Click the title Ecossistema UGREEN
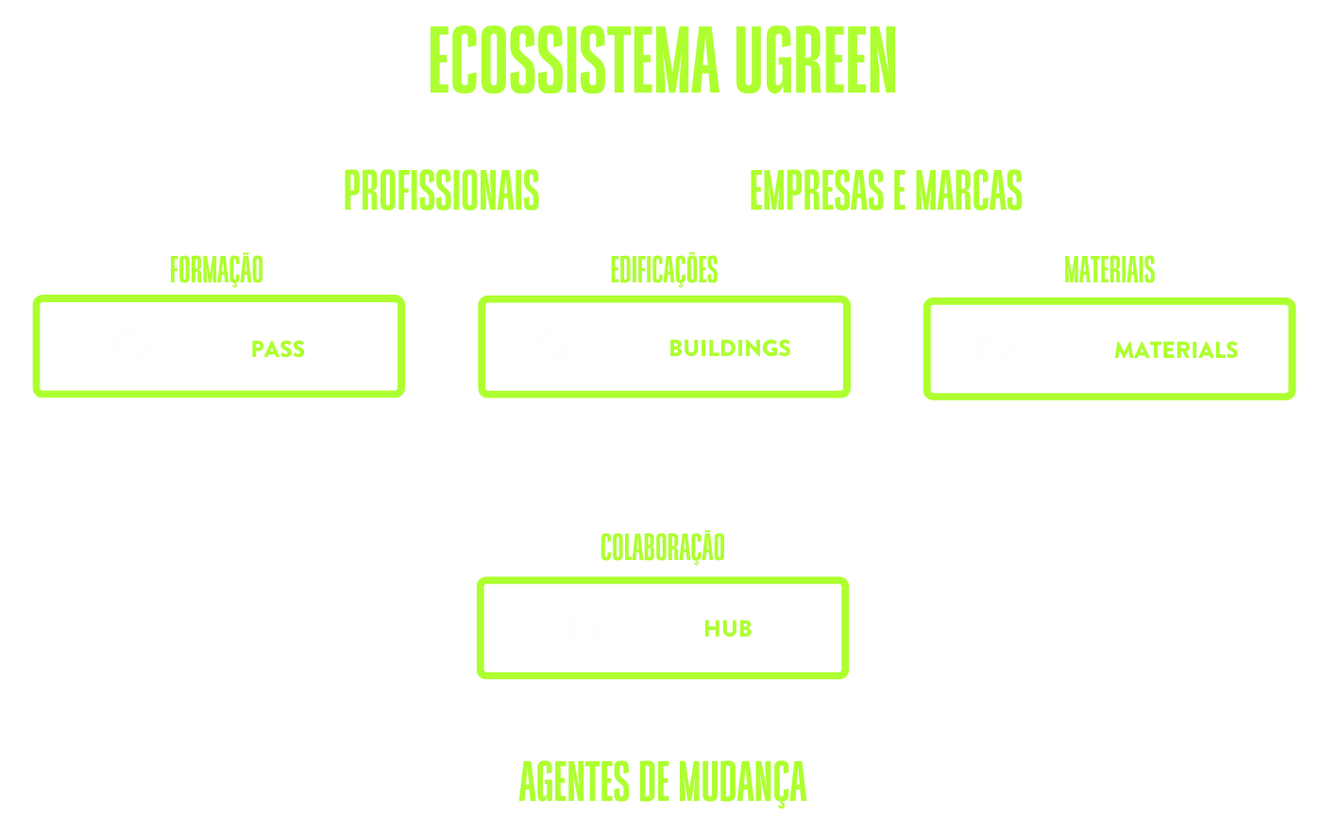(x=663, y=60)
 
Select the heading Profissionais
(x=441, y=191)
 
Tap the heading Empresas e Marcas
(x=885, y=191)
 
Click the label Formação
(x=216, y=270)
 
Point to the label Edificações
(x=664, y=270)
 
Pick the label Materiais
(x=1109, y=270)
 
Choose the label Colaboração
(x=663, y=548)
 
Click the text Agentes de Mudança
(x=663, y=783)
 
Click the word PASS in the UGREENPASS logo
(x=279, y=348)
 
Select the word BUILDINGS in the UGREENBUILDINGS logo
(x=730, y=348)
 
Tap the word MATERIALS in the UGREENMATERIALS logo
(x=1175, y=349)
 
